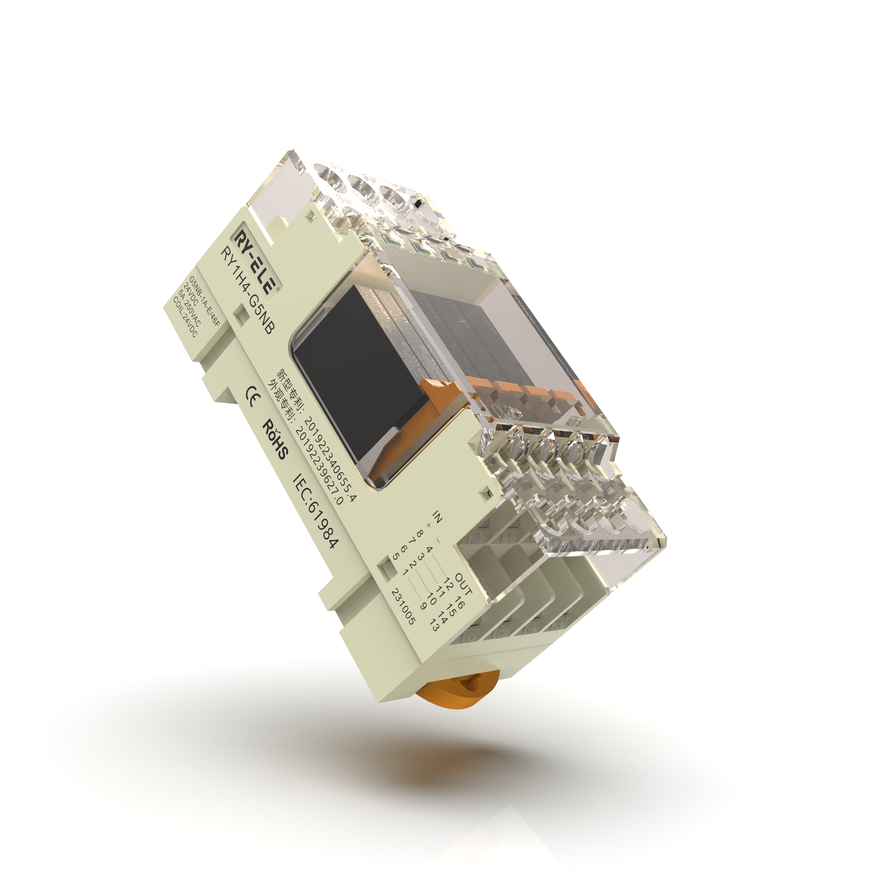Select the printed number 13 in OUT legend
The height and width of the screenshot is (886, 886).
click(434, 624)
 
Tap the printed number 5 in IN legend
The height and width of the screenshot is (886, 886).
click(396, 556)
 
